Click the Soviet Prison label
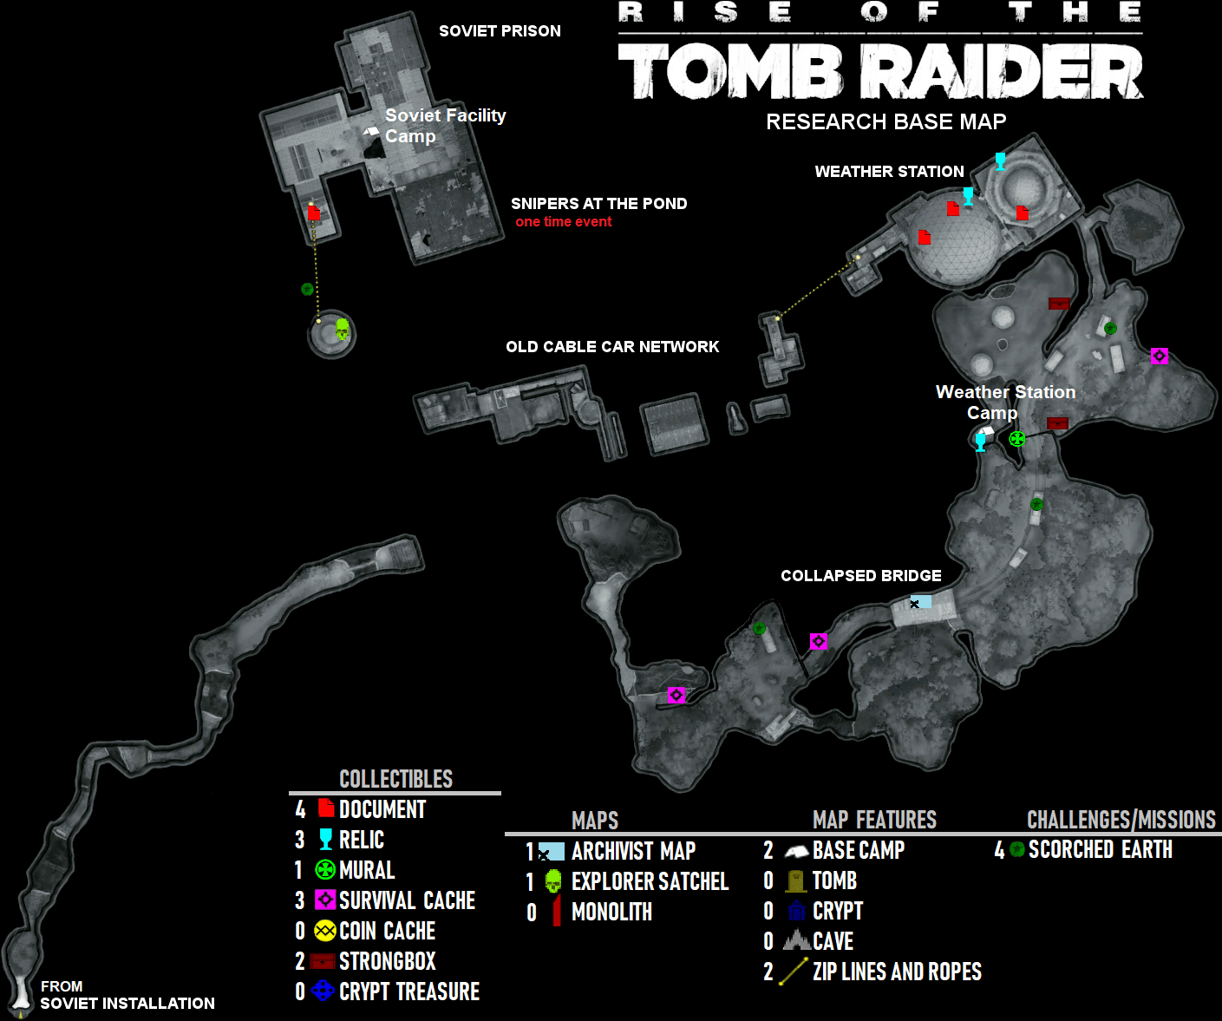coord(500,31)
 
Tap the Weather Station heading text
coord(889,172)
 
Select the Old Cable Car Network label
coord(612,347)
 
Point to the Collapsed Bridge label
coord(860,576)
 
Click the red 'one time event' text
coord(563,222)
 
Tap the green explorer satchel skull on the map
coord(342,330)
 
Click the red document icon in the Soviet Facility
coord(314,213)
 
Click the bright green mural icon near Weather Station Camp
coord(1017,439)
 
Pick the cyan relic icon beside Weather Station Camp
coord(981,442)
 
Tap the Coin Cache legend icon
coord(324,931)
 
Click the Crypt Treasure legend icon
coord(323,991)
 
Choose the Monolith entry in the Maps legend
coord(611,912)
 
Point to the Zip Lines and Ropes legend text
coord(897,972)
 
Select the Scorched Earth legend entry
coord(1100,850)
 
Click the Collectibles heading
coord(395,779)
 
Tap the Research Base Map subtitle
coord(885,121)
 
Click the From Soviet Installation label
coord(127,996)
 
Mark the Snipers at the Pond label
coord(598,204)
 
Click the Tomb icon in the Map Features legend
coord(795,881)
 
